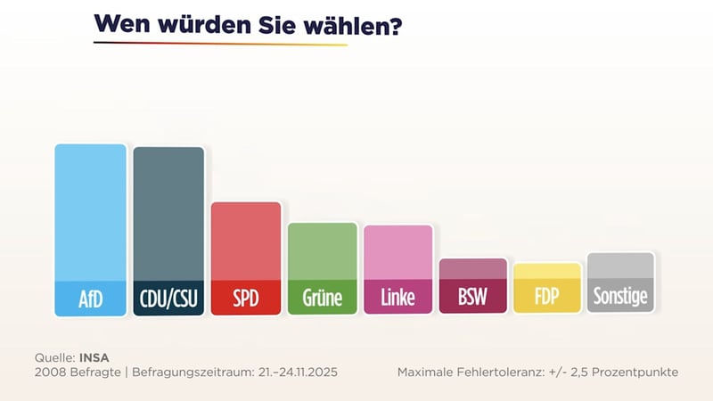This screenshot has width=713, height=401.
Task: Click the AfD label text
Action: tap(90, 298)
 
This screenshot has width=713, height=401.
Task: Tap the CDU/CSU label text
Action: tap(168, 298)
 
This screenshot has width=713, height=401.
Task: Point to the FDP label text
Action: tap(548, 298)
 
